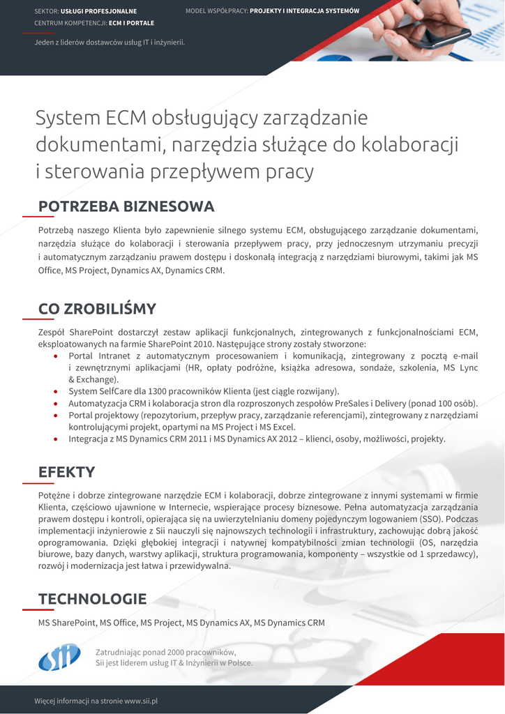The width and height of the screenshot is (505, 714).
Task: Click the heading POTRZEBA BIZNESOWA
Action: click(x=126, y=206)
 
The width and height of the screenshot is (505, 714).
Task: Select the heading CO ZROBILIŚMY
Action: click(x=97, y=309)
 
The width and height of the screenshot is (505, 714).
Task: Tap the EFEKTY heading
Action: click(x=66, y=472)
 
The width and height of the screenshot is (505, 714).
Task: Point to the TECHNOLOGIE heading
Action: click(x=92, y=599)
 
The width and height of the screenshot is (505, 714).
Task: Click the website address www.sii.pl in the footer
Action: click(x=141, y=700)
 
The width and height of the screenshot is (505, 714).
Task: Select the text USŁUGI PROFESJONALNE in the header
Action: click(x=98, y=12)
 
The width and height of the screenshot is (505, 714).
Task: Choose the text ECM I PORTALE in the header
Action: click(x=131, y=23)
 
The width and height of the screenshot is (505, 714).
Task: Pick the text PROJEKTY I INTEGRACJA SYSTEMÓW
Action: click(x=304, y=11)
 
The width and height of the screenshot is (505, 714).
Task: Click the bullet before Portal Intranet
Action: click(x=56, y=356)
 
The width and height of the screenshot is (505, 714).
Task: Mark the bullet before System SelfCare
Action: click(x=56, y=392)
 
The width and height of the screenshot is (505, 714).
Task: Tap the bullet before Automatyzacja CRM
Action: click(x=56, y=404)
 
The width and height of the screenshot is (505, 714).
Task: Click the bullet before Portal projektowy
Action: click(x=56, y=416)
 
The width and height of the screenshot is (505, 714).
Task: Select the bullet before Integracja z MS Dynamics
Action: click(x=56, y=439)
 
